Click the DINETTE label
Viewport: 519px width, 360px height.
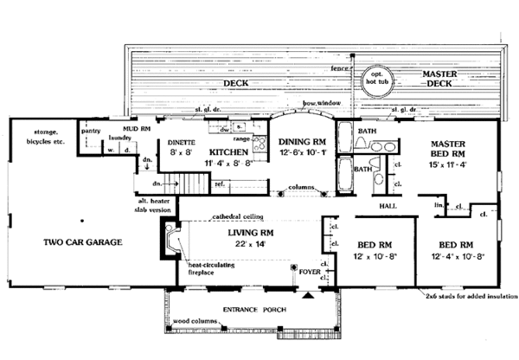184,140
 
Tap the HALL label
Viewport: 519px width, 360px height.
388,206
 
